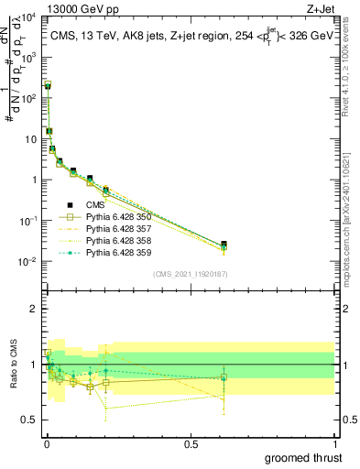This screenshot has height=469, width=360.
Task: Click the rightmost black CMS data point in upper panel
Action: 224,245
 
